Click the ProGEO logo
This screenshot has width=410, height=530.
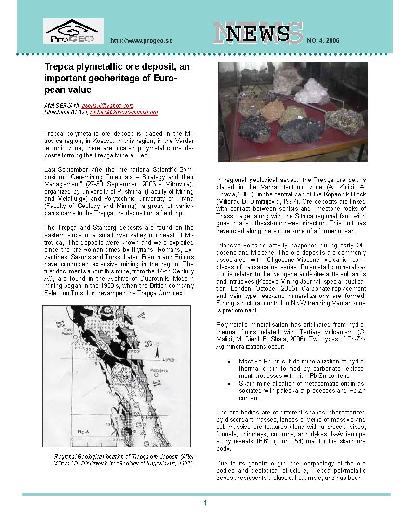[73, 32]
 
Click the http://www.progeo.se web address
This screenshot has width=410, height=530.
[141, 40]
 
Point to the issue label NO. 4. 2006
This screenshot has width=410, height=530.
[323, 40]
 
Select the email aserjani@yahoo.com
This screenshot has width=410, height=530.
[107, 105]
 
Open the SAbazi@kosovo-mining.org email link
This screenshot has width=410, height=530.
[124, 112]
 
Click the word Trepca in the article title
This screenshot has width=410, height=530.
[59, 67]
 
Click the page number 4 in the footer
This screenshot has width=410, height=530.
[205, 503]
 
